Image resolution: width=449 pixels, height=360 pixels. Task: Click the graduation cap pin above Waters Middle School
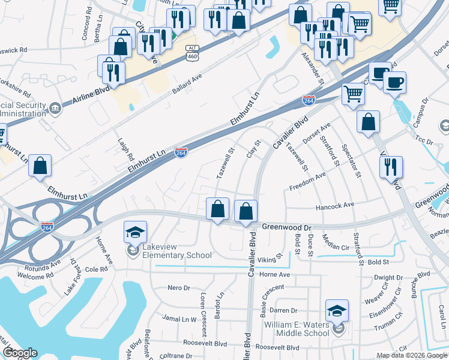[x=337, y=311]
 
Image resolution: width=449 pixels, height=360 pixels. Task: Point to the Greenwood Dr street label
[x=288, y=228]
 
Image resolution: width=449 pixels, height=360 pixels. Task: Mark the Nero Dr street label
[x=178, y=288]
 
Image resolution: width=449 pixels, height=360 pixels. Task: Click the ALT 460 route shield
[x=192, y=52]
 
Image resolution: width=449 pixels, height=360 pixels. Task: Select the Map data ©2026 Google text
[x=412, y=355]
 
